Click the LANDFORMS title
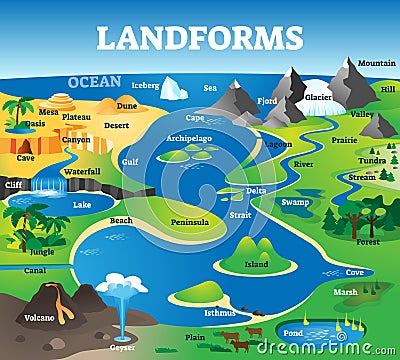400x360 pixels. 200,37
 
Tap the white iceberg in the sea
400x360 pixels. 173,89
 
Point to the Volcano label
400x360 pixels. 40,318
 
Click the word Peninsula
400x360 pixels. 190,221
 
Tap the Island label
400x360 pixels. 256,265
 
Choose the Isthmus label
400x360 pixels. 220,312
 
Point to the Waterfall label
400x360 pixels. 81,171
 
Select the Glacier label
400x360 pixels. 319,97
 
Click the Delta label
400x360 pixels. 256,190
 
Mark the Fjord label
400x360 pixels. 266,100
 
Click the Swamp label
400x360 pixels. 295,202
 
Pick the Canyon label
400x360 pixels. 76,139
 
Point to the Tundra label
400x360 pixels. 372,160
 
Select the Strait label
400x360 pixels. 240,214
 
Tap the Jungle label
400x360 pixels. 42,251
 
